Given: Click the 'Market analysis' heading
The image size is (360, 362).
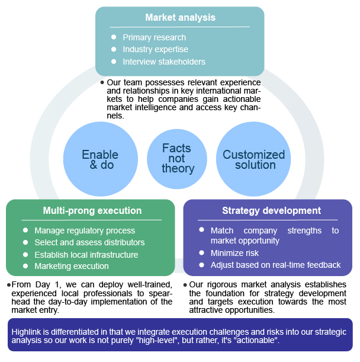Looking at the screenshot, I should point(180,18).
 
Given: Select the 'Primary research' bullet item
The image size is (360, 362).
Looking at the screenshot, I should point(154,37).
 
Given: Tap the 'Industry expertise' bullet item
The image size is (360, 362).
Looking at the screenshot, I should point(155,49).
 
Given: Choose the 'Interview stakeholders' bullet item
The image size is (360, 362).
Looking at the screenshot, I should point(164,62).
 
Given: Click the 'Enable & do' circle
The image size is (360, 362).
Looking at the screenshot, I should point(100,159).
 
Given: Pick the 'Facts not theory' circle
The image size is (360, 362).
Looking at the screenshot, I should point(178,159).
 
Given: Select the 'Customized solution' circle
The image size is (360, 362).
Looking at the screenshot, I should point(253,159).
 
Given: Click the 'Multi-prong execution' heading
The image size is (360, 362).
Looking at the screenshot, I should point(92,210).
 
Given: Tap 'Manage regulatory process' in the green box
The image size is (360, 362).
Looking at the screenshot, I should point(85,230).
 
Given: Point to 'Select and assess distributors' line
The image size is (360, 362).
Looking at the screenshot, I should point(89,242).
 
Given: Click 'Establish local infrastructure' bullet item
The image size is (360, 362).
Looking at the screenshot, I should point(86,255).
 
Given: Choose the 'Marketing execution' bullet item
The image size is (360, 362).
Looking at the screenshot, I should point(72,266).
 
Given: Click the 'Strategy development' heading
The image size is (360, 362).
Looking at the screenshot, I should point(271,210).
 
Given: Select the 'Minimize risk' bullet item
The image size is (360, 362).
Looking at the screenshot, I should point(234,253).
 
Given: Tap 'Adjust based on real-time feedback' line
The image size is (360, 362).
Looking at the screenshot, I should point(275,265).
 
